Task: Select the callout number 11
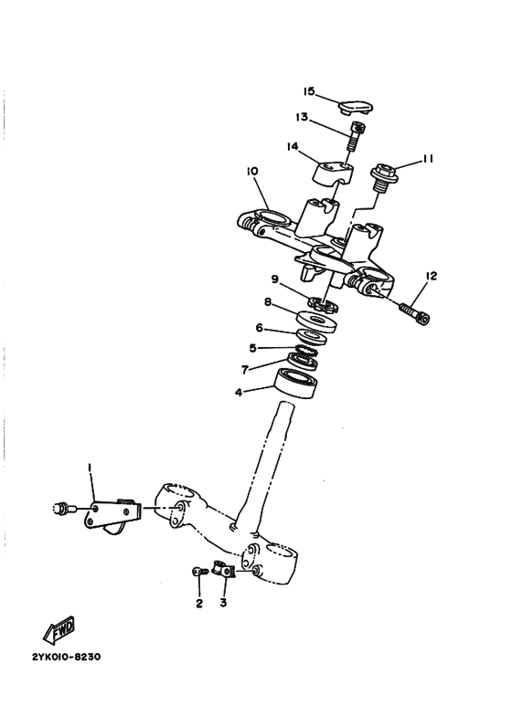427,158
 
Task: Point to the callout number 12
432,275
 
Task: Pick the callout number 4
239,393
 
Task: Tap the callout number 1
91,468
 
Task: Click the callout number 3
224,604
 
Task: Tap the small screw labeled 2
198,572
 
